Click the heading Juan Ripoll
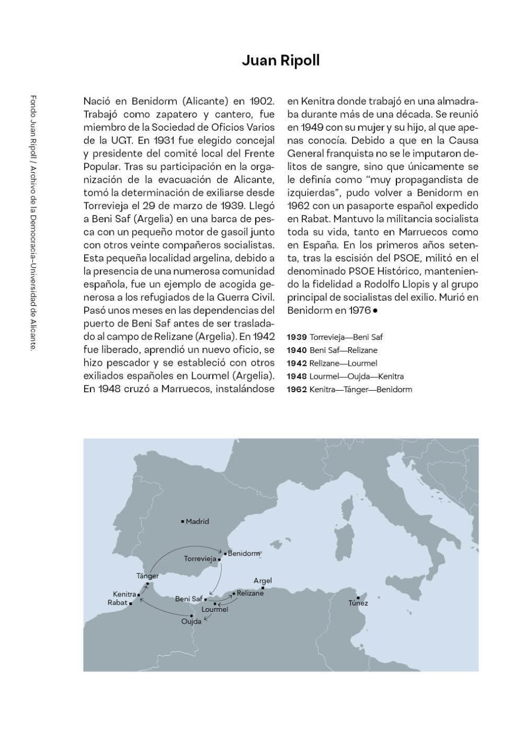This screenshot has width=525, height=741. pyautogui.click(x=280, y=61)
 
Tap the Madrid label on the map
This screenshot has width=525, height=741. pyautogui.click(x=197, y=521)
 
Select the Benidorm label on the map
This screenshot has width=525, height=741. pyautogui.click(x=244, y=554)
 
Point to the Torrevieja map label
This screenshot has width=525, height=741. pyautogui.click(x=200, y=559)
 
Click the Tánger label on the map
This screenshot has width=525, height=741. pyautogui.click(x=147, y=576)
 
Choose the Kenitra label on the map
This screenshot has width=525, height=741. pyautogui.click(x=124, y=594)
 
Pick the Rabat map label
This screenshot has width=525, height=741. pyautogui.click(x=117, y=603)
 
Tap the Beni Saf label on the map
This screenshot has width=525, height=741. pyautogui.click(x=188, y=599)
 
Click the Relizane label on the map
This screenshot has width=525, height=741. pyautogui.click(x=250, y=593)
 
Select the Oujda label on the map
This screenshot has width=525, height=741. pyautogui.click(x=192, y=621)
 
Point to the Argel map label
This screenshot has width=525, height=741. pyautogui.click(x=262, y=581)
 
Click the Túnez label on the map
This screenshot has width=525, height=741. pyautogui.click(x=358, y=603)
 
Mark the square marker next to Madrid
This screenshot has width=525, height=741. pyautogui.click(x=183, y=521)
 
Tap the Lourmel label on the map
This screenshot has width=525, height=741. pyautogui.click(x=215, y=610)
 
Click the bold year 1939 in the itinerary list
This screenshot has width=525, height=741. pyautogui.click(x=297, y=337)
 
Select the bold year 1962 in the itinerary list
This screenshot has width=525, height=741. pyautogui.click(x=297, y=390)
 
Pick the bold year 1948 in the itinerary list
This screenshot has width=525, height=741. pyautogui.click(x=297, y=376)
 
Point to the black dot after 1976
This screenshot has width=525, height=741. pyautogui.click(x=375, y=311)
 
